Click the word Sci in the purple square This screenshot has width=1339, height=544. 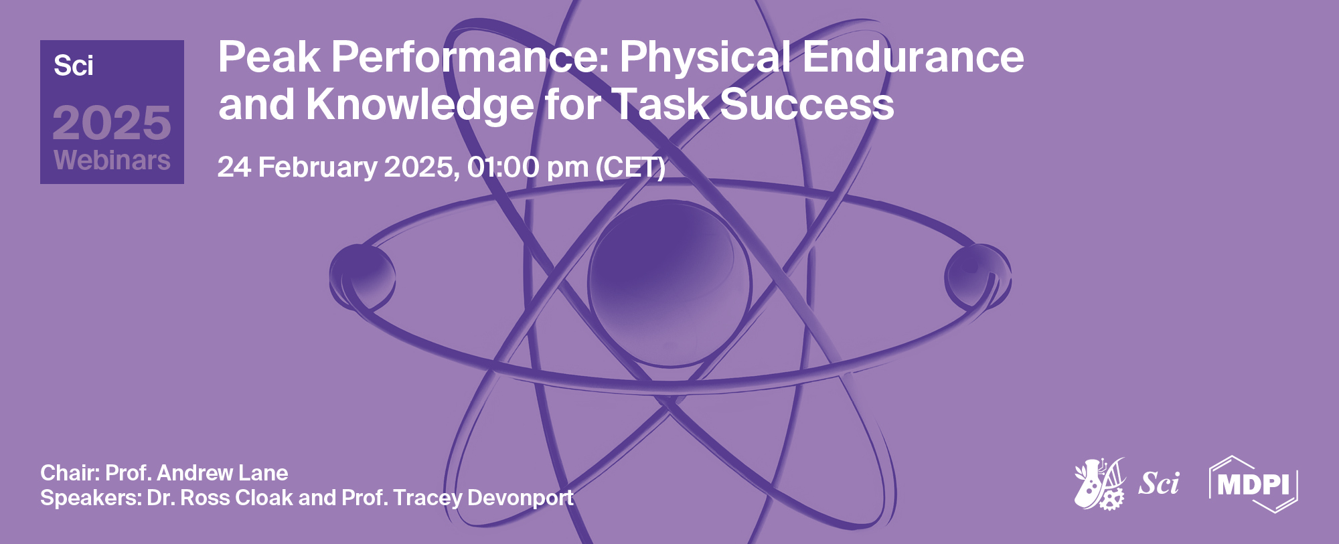tap(74, 66)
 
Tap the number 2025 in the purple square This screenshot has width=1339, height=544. tap(112, 123)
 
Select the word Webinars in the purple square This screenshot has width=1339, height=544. tap(112, 161)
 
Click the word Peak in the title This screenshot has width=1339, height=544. tap(269, 57)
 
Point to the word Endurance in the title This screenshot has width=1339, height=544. tap(913, 57)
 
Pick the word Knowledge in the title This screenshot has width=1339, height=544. tap(420, 105)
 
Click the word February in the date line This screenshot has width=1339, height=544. tap(317, 167)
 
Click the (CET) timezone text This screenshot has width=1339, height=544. tap(631, 167)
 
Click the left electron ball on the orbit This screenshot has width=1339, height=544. tap(362, 276)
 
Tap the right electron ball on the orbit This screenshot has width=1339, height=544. tap(977, 276)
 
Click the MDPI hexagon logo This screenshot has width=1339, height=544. tap(1253, 484)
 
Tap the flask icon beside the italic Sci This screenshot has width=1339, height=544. tap(1099, 484)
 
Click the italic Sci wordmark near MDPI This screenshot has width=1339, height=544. tap(1159, 483)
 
